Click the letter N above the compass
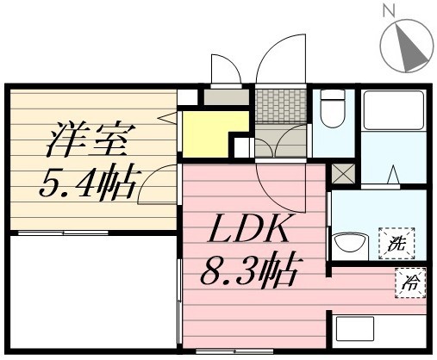pyautogui.click(x=388, y=11)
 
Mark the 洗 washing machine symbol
pyautogui.click(x=396, y=242)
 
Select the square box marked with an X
pyautogui.click(x=342, y=172)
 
